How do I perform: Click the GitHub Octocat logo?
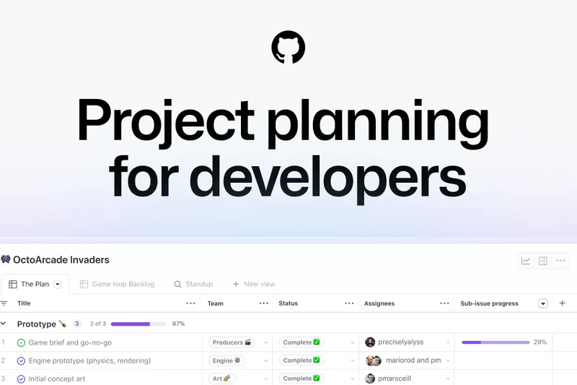pos(288,48)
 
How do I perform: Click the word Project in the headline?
pos(166,119)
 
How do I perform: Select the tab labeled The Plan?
pos(35,284)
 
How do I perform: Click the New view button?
pos(253,284)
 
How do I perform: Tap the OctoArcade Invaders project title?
pos(61,259)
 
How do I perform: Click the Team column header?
pos(216,303)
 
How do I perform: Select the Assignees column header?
pos(379,303)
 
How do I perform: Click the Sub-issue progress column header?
pos(489,303)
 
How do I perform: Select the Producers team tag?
pos(230,342)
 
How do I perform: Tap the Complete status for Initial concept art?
pos(301,378)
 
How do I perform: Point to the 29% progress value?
pos(539,342)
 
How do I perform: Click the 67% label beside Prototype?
pos(179,324)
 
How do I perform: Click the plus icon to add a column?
pos(563,303)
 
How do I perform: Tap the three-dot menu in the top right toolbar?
pos(560,261)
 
